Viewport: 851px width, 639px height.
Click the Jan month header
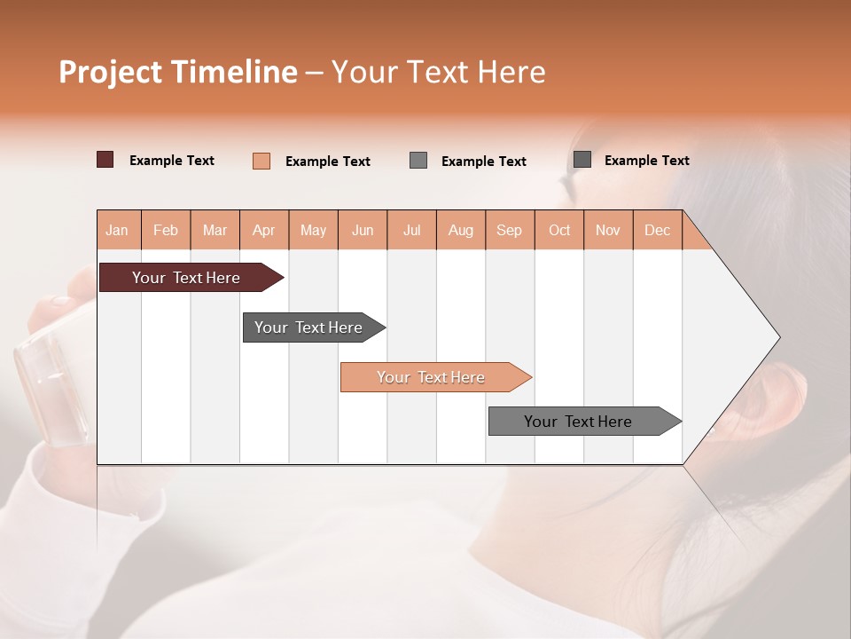117,230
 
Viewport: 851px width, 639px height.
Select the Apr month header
264,230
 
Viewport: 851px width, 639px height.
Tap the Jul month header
411,230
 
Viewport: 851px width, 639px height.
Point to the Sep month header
509,230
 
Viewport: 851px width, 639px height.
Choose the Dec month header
657,230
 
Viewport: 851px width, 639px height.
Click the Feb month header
166,230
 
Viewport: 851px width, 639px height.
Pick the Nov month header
607,230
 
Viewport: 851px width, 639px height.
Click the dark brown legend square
105,160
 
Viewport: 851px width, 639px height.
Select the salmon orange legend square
262,161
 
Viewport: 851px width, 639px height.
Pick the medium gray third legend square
418,161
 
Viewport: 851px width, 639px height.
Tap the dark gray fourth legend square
582,160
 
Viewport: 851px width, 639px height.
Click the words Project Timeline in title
178,72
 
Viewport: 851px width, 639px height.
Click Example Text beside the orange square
327,162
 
